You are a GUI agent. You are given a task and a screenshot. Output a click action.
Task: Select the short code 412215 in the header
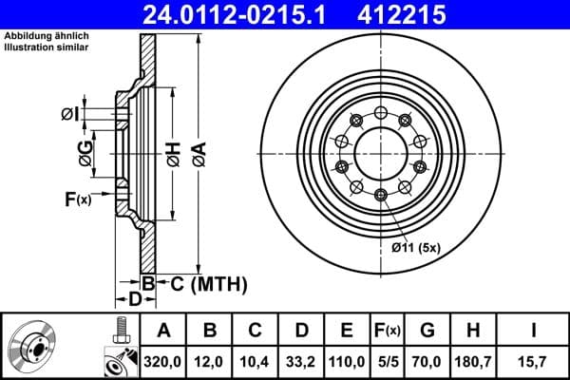click(x=414, y=14)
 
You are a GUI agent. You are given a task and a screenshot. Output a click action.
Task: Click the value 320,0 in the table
click(x=162, y=361)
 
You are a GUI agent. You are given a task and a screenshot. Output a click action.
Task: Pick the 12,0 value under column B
click(x=209, y=361)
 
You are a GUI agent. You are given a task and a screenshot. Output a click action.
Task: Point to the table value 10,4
click(x=255, y=361)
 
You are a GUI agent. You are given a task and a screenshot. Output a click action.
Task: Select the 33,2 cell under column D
click(x=301, y=361)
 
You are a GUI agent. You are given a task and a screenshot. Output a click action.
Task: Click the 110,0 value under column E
click(x=347, y=361)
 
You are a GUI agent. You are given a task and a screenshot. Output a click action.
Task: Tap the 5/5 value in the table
click(x=389, y=361)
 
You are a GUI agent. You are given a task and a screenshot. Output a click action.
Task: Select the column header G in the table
click(x=427, y=331)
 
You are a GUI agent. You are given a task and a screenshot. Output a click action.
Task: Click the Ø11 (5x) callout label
click(x=418, y=249)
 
